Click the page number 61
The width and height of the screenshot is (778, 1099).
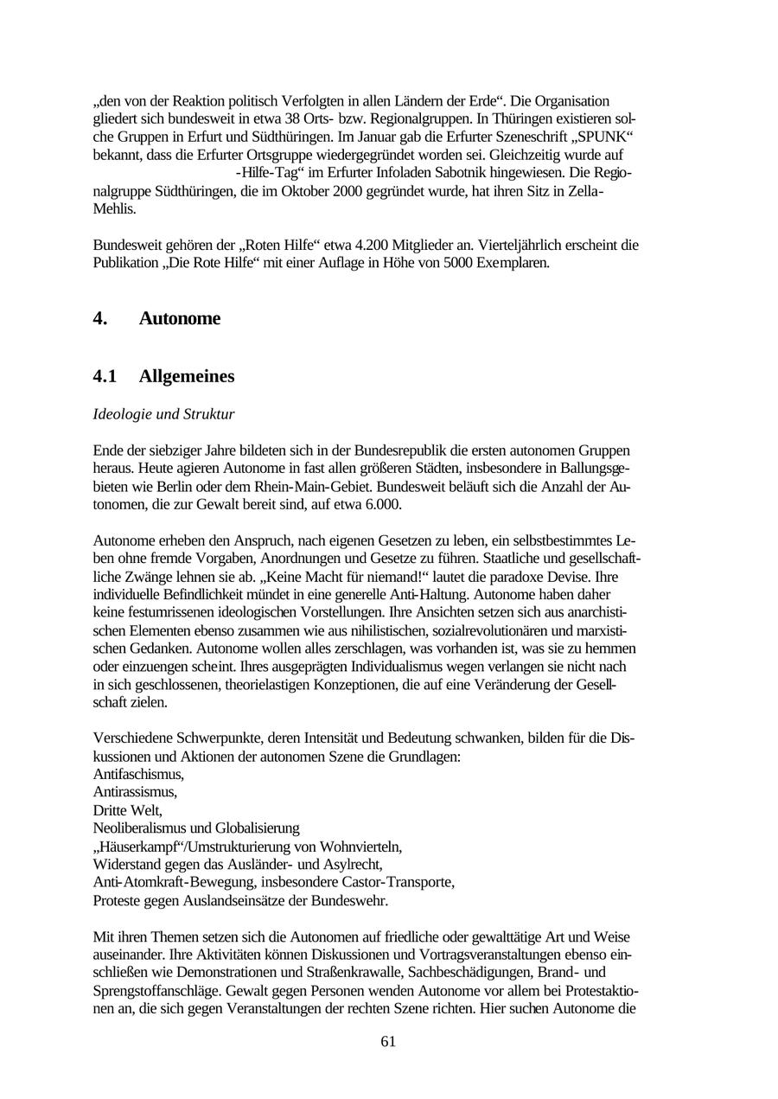pos(388,1041)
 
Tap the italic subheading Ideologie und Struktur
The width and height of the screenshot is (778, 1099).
pos(163,414)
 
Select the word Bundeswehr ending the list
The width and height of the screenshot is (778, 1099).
pos(352,901)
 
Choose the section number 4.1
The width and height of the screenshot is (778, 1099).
pos(105,376)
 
